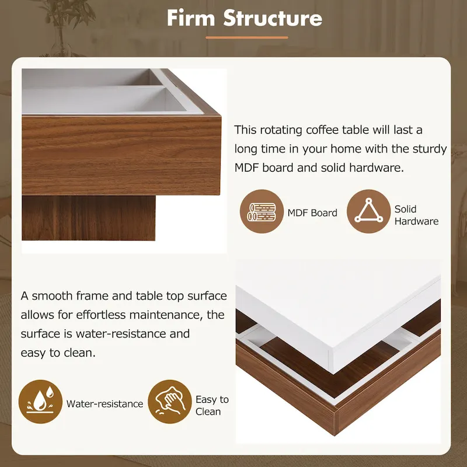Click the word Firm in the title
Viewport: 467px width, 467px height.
click(191, 18)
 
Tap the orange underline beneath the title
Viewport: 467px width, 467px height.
click(247, 37)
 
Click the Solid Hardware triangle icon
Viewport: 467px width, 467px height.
click(368, 211)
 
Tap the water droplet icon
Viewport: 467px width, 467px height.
click(40, 402)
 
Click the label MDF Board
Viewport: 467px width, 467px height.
click(312, 213)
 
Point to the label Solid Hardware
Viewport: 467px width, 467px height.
click(416, 215)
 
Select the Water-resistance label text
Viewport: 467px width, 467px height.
click(104, 403)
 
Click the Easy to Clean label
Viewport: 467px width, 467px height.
click(211, 405)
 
